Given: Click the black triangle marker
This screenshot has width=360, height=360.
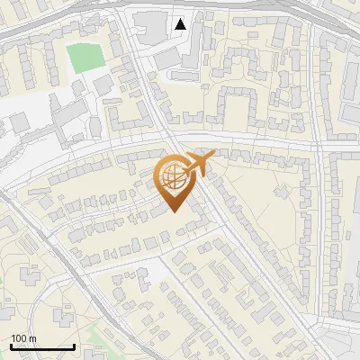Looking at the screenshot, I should [x=181, y=23].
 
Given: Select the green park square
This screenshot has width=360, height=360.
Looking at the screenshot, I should [x=85, y=57].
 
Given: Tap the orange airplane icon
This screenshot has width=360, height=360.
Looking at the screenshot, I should [x=199, y=164].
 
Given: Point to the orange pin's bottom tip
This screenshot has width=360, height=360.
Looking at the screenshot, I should [x=174, y=212].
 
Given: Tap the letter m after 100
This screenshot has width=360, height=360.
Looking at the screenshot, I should [x=33, y=338].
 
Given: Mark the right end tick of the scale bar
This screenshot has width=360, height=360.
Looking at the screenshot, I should [x=74, y=346].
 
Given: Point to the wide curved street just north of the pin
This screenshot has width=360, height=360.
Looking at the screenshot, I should [x=135, y=144].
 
